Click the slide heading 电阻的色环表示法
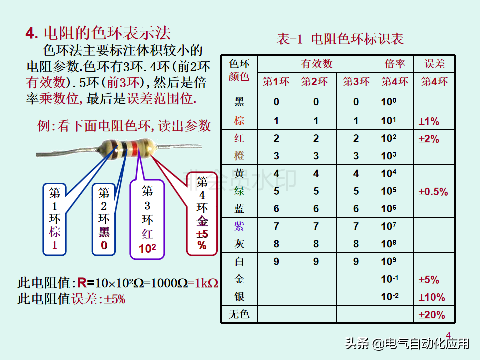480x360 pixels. (107, 33)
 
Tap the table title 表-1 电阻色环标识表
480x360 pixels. (340, 39)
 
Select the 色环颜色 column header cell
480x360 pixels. (239, 70)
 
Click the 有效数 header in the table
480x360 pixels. (316, 64)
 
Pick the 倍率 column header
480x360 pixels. (394, 64)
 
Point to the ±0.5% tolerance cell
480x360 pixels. (433, 192)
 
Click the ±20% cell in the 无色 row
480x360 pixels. (431, 315)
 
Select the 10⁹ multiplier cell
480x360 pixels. (389, 261)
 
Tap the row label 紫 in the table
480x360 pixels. (239, 226)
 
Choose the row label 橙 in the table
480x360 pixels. (239, 156)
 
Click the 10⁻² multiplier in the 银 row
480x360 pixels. (390, 297)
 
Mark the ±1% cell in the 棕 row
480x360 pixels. (428, 121)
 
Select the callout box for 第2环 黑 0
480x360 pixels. (104, 219)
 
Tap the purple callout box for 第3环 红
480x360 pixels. (147, 220)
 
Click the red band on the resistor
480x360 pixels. (133, 148)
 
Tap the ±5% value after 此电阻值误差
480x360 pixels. (115, 299)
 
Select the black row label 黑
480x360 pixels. (239, 102)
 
